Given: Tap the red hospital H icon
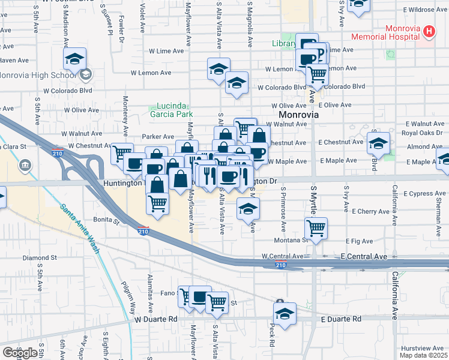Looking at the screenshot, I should click(x=429, y=31).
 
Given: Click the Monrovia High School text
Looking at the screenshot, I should click(x=37, y=76).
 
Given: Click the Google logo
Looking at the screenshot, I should click(x=20, y=353).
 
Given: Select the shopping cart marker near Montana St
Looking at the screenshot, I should click(x=316, y=229).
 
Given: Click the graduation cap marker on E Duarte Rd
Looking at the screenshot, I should click(x=285, y=314).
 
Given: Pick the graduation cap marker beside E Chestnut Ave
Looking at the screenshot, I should click(x=378, y=144).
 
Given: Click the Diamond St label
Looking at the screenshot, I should click(x=40, y=258).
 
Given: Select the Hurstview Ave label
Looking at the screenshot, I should click(x=422, y=348).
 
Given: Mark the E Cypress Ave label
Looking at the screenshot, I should click(x=425, y=194).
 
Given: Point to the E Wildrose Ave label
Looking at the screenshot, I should click(x=425, y=10).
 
